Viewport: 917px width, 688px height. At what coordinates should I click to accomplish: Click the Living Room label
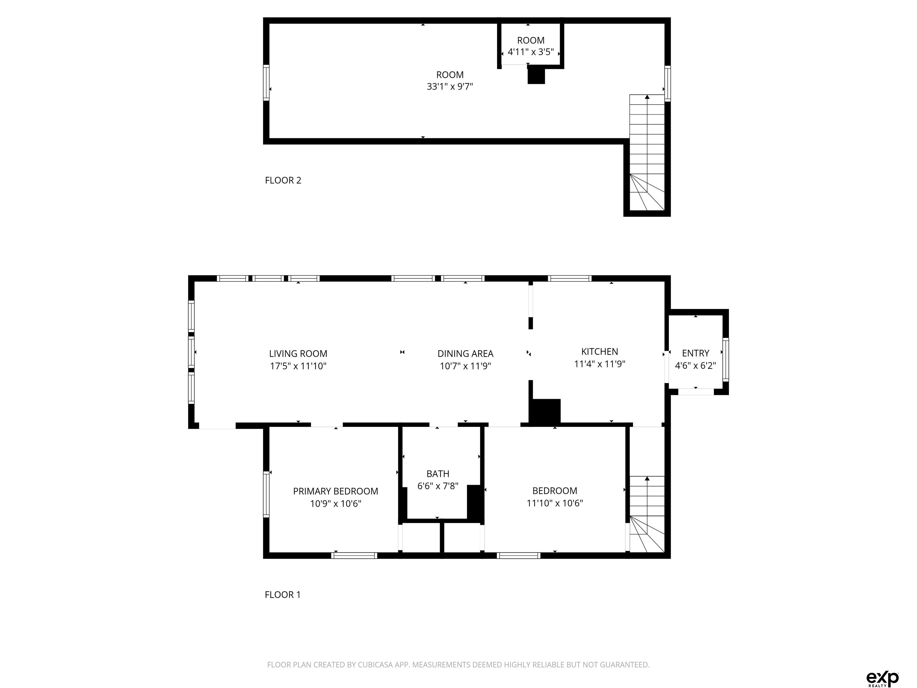[298, 354]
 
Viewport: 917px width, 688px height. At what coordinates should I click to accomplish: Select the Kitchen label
[599, 352]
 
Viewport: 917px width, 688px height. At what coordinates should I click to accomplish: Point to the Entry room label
[695, 353]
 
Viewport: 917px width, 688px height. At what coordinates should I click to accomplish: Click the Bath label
[438, 474]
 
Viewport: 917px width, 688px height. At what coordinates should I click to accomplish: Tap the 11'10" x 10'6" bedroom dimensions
[555, 503]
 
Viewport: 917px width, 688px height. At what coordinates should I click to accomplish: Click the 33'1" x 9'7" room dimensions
[450, 87]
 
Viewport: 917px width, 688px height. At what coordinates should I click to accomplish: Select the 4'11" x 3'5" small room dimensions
[531, 52]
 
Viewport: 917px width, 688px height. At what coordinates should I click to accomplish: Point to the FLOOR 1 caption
[282, 595]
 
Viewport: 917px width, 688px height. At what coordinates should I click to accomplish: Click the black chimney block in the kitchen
[545, 411]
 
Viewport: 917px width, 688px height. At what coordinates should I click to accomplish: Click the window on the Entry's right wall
[725, 360]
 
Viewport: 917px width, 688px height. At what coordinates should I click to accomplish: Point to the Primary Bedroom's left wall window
[266, 494]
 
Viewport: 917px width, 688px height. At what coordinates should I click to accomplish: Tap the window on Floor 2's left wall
[266, 82]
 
